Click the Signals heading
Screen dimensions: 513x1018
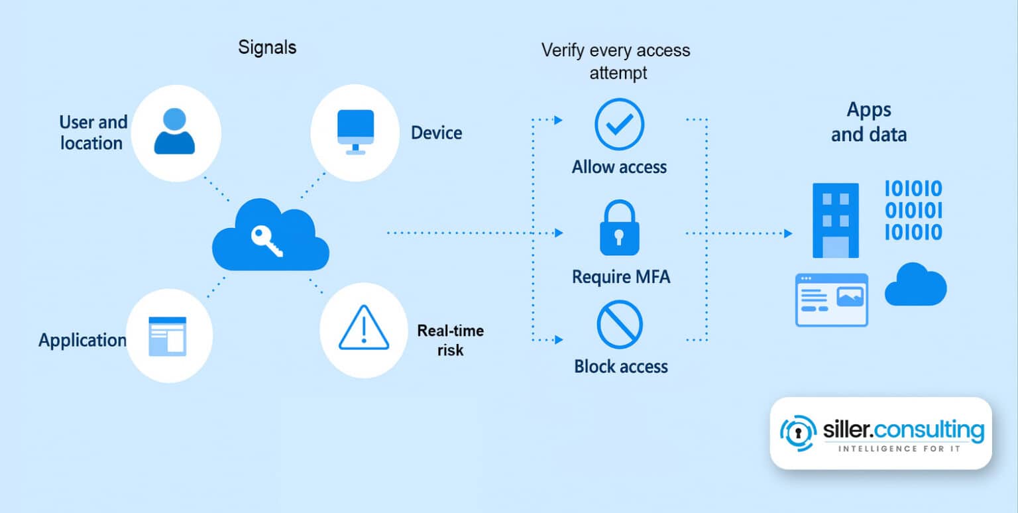point(267,48)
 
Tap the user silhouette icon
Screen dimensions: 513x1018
point(174,131)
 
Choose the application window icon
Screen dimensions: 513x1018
point(168,336)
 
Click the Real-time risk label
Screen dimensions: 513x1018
point(451,340)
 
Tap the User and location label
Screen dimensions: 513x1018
point(93,133)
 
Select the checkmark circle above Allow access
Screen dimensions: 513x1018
point(619,124)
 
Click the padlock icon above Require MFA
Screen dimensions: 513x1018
point(619,229)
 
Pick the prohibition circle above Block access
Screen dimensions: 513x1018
point(620,324)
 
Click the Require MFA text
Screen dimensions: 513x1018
point(621,276)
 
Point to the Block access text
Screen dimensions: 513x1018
point(621,367)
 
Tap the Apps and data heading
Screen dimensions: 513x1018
point(869,122)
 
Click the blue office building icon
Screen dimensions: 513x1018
point(835,220)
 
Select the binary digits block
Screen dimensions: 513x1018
point(913,211)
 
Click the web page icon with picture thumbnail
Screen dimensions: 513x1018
point(831,300)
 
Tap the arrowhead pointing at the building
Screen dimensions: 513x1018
point(787,233)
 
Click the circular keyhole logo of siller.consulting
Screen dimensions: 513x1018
point(798,433)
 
